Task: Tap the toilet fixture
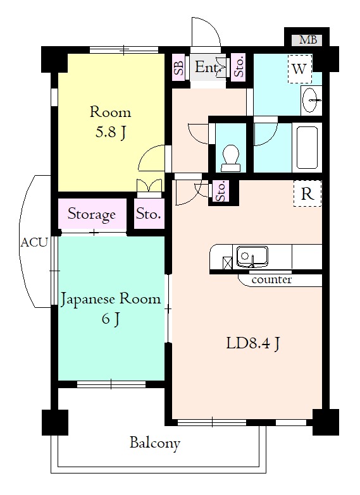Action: (230, 158)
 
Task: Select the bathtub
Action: (307, 147)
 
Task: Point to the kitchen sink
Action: (252, 256)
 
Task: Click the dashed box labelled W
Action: (300, 69)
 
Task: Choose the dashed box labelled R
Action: (307, 193)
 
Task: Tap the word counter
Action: (271, 279)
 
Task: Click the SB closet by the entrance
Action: (178, 67)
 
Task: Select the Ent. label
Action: (207, 67)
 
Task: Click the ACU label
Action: (34, 243)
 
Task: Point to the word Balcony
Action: (155, 443)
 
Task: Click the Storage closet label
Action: (92, 214)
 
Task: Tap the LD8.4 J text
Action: (253, 343)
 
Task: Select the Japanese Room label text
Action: (111, 299)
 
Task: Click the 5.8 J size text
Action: (111, 132)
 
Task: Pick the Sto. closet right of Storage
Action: (149, 214)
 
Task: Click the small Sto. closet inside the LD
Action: (221, 192)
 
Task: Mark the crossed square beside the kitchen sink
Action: (228, 263)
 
